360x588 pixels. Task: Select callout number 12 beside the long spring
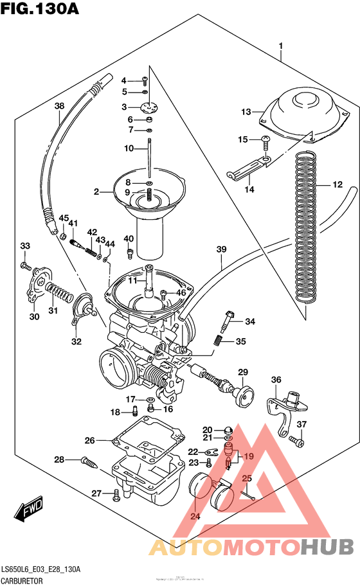(337, 185)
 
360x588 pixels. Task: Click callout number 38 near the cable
(59, 106)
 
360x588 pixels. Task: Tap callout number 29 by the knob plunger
(243, 373)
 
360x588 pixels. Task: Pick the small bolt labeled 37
(295, 441)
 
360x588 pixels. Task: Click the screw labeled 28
(90, 461)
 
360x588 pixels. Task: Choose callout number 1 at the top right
(281, 46)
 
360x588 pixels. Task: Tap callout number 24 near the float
(195, 516)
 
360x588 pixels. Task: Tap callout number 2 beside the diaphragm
(96, 192)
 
